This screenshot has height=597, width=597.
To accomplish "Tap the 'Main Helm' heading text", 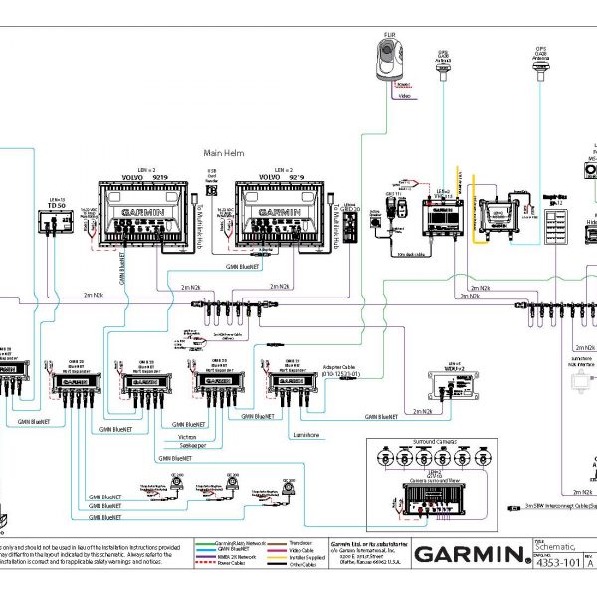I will coord(224,152).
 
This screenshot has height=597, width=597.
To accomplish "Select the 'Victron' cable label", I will coord(188,436).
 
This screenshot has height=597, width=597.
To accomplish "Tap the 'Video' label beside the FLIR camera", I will coord(402,97).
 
